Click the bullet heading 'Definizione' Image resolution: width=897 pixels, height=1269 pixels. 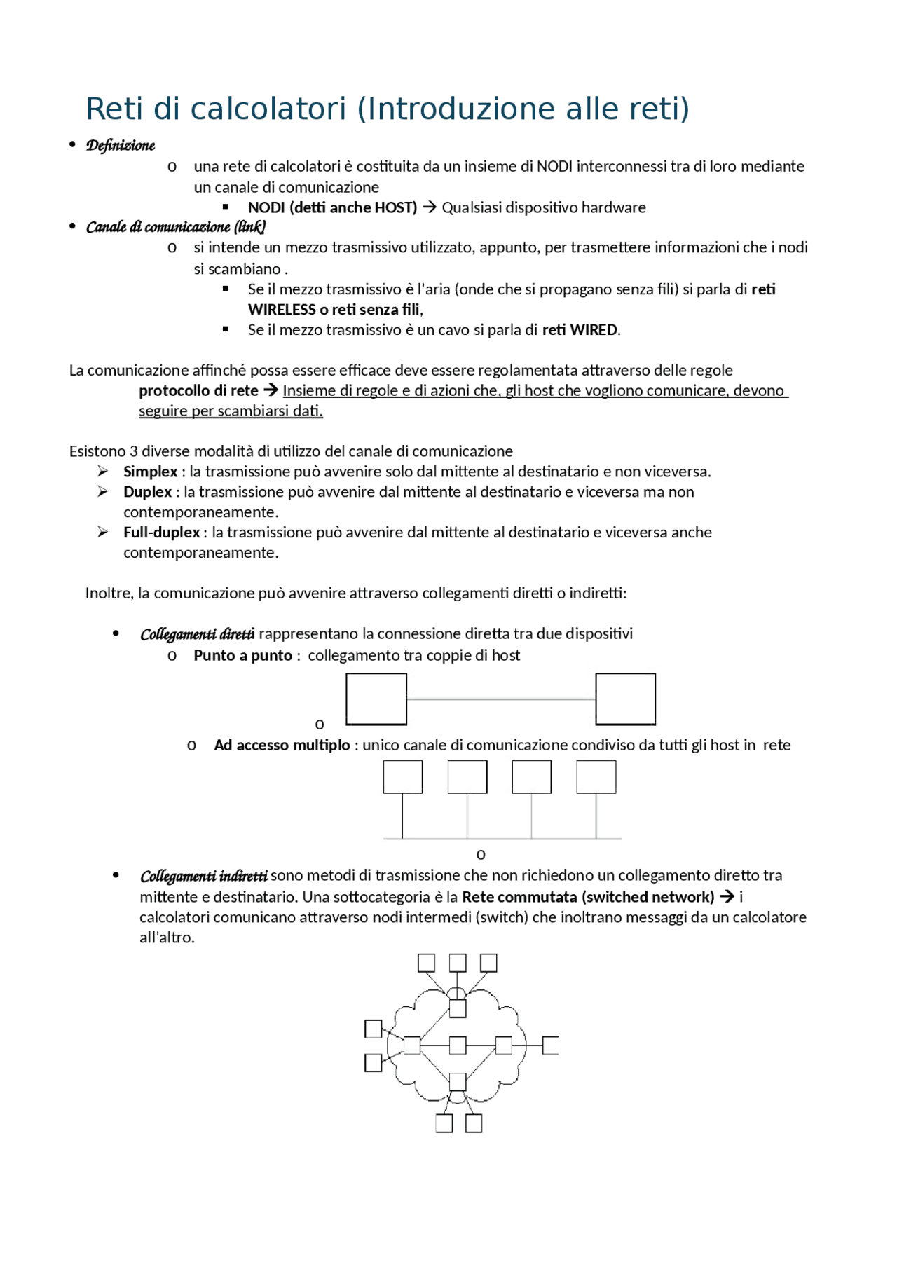[x=120, y=146]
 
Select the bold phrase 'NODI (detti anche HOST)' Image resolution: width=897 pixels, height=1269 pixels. [x=332, y=207]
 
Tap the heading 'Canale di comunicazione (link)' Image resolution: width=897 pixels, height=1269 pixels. [x=175, y=227]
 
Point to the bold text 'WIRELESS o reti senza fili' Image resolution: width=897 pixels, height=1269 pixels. [x=334, y=310]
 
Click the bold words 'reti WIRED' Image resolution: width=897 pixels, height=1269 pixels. [x=580, y=330]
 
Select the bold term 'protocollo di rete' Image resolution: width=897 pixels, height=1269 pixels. [x=198, y=391]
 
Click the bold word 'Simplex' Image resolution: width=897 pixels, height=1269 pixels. [x=150, y=472]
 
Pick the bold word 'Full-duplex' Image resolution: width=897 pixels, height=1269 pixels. [x=162, y=533]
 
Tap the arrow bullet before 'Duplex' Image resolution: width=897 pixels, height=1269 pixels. [x=103, y=492]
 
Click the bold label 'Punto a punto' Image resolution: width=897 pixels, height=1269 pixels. [x=242, y=656]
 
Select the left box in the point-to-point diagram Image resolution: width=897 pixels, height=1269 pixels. [x=376, y=699]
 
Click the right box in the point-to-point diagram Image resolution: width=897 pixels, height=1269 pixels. [x=625, y=699]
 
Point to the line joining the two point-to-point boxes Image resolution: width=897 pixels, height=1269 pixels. [x=500, y=699]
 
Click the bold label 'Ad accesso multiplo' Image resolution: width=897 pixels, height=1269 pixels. [x=282, y=746]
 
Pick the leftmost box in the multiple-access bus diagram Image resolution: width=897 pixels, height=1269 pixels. [x=403, y=777]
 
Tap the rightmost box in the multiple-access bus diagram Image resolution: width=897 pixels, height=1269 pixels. [x=596, y=777]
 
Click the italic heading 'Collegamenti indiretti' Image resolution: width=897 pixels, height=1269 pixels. [x=203, y=877]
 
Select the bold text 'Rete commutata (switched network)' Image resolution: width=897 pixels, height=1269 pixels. [x=588, y=898]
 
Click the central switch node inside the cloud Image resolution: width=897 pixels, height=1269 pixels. [x=458, y=1045]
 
